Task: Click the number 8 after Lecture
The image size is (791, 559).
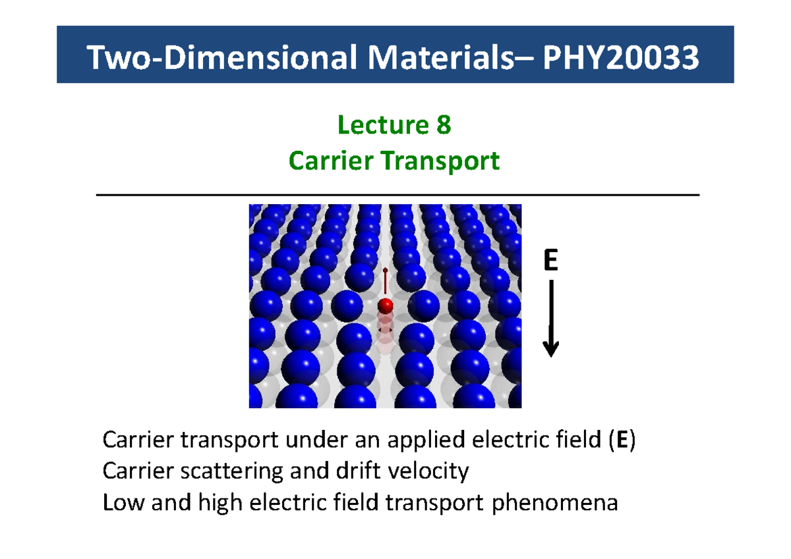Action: coord(443,124)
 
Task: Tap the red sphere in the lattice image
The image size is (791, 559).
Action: coord(385,306)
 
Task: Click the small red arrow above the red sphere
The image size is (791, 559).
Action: coord(385,280)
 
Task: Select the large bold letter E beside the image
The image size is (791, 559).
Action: coord(550,261)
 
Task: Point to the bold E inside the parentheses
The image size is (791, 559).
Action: coord(622,440)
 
